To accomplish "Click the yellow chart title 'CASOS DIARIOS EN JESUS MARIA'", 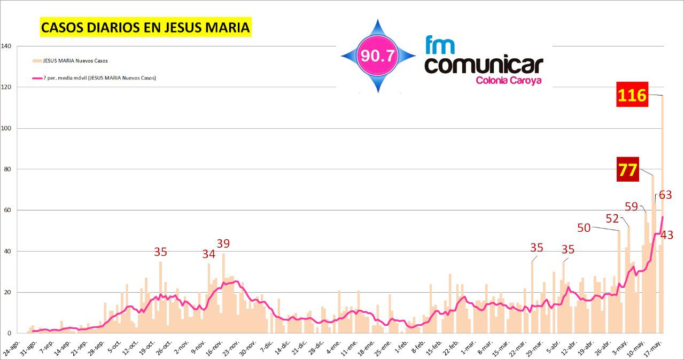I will (x=145, y=27).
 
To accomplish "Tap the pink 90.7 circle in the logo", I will (x=378, y=56).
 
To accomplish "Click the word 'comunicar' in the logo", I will (x=483, y=65).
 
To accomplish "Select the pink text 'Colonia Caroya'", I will (x=508, y=81).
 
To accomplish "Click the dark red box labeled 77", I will (x=628, y=169).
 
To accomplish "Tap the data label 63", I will (x=665, y=195).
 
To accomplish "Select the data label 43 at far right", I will (x=666, y=234).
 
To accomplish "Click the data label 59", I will (x=632, y=206).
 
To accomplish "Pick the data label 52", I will (x=612, y=218).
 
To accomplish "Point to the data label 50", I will (x=584, y=228).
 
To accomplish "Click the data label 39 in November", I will (x=223, y=244).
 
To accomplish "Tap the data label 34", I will (x=208, y=254).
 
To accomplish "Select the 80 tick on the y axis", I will (x=8, y=169).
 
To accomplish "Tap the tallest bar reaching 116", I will (x=662, y=214).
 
